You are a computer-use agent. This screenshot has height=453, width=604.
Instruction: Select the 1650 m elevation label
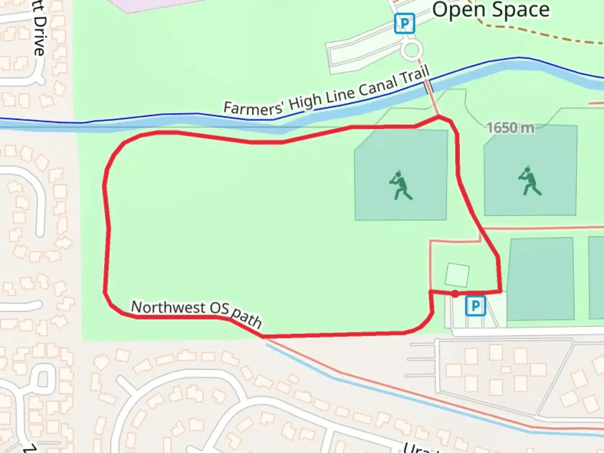pyautogui.click(x=510, y=128)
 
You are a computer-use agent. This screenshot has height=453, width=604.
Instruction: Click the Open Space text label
pyautogui.click(x=491, y=10)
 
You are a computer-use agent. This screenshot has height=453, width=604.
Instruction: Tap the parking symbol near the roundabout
pyautogui.click(x=404, y=23)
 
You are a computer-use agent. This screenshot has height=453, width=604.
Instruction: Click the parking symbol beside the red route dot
pyautogui.click(x=475, y=306)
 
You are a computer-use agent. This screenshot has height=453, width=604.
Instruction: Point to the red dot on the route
pyautogui.click(x=455, y=294)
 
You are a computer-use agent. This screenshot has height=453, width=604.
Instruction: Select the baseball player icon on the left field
pyautogui.click(x=401, y=185)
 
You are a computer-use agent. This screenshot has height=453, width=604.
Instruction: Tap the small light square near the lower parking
pyautogui.click(x=457, y=275)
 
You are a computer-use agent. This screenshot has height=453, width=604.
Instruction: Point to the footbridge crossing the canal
pyautogui.click(x=428, y=87)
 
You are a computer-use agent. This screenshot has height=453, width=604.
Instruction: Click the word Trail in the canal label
pyautogui.click(x=414, y=75)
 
